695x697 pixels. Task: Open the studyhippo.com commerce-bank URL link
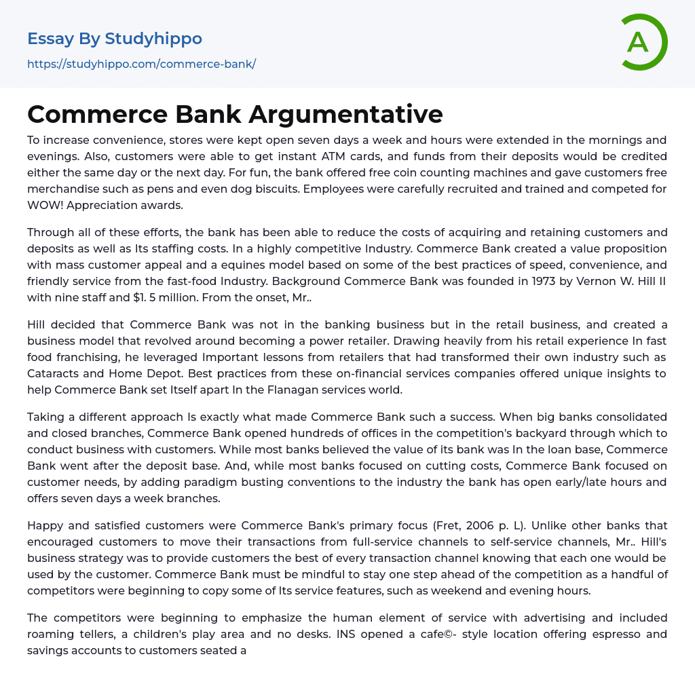[141, 64]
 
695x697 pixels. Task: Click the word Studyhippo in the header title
[153, 39]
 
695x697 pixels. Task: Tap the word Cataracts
[56, 358]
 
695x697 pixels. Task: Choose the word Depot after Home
[161, 358]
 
